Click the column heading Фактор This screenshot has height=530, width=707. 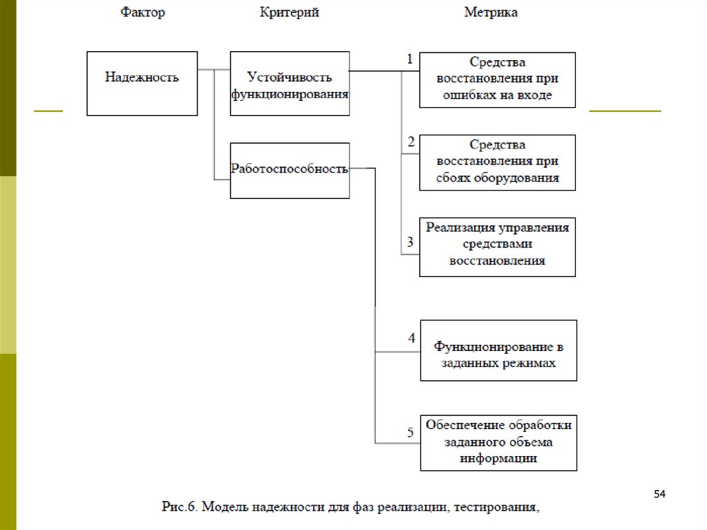pyautogui.click(x=143, y=12)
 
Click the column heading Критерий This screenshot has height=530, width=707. pyautogui.click(x=289, y=12)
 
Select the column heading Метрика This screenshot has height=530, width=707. pyautogui.click(x=491, y=12)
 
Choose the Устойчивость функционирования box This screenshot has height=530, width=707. pyautogui.click(x=290, y=83)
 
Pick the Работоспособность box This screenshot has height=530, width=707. pyautogui.click(x=290, y=170)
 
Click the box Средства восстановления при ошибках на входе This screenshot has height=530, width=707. pyautogui.click(x=497, y=79)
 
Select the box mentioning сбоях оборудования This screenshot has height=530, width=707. pyautogui.click(x=497, y=162)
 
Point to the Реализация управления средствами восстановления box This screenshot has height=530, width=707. pyautogui.click(x=497, y=247)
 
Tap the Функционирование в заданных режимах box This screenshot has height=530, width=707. pyautogui.click(x=498, y=350)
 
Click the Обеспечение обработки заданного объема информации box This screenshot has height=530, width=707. pyautogui.click(x=498, y=442)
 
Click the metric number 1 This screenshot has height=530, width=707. pyautogui.click(x=409, y=59)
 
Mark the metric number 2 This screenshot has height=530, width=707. pyautogui.click(x=411, y=142)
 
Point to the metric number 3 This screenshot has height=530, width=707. pyautogui.click(x=410, y=242)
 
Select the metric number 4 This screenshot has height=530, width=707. pyautogui.click(x=411, y=339)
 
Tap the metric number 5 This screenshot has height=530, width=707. pyautogui.click(x=410, y=433)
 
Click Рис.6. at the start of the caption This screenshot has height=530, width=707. pyautogui.click(x=181, y=509)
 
